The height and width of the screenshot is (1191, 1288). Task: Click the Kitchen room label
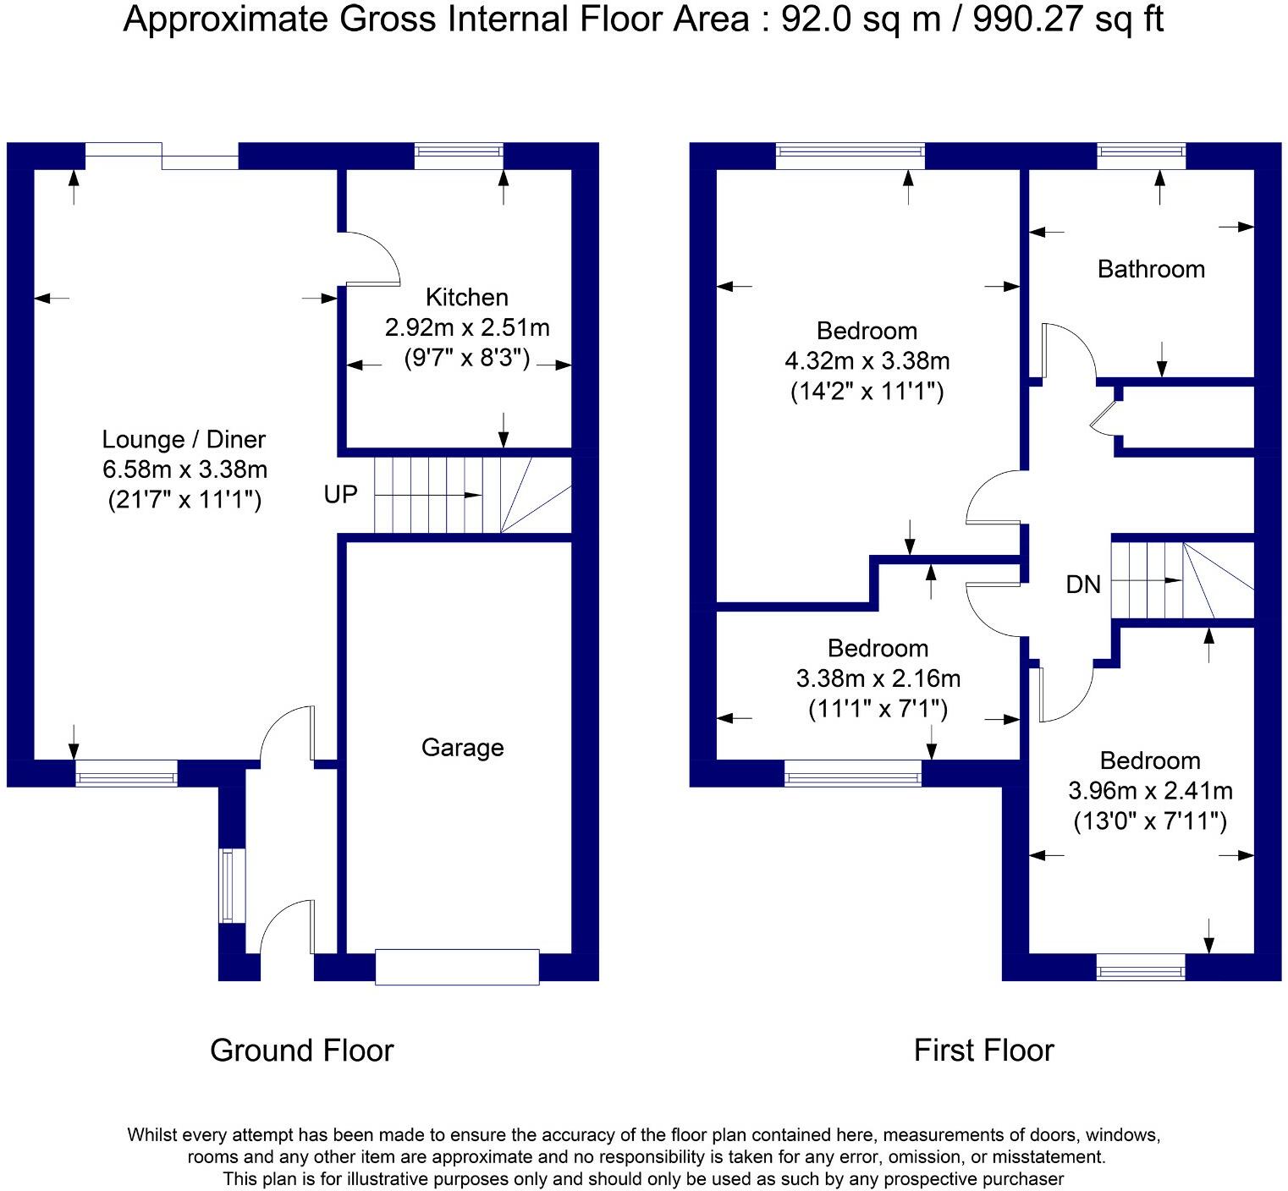point(466,297)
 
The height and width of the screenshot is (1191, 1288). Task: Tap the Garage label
point(462,748)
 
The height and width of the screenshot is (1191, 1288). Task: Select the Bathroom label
point(1151,269)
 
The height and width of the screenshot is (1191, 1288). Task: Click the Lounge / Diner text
point(184,439)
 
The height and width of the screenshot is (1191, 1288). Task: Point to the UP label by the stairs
point(341,494)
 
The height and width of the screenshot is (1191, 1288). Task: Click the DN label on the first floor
point(1083,584)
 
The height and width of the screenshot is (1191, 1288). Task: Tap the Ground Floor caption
point(302,1051)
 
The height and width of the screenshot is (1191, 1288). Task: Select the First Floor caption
point(984,1051)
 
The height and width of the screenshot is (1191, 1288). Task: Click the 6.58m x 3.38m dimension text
point(184,469)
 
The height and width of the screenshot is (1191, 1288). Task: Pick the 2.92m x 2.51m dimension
point(467,327)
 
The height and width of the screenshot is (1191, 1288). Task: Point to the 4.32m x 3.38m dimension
point(867,361)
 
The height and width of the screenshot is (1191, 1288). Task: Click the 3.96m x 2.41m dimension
point(1150,791)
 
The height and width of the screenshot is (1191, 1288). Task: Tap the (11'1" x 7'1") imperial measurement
point(878,709)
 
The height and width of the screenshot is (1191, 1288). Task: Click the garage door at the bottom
point(457,967)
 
